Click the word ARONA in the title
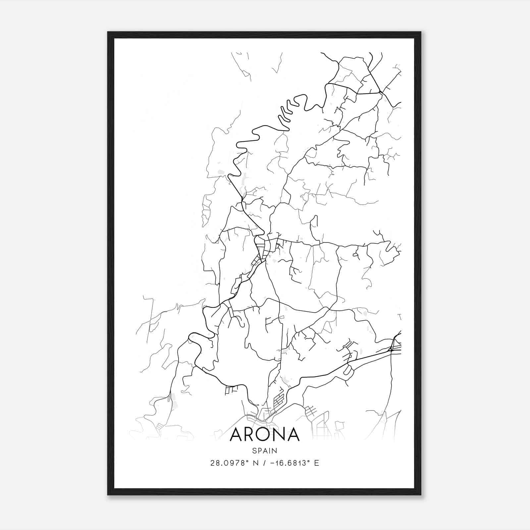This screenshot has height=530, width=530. pyautogui.click(x=264, y=435)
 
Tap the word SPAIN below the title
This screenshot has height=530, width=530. pyautogui.click(x=264, y=450)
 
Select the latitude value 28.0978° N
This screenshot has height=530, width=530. pyautogui.click(x=234, y=463)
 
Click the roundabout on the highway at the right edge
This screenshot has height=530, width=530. pyautogui.click(x=391, y=349)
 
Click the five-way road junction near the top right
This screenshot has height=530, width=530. pyautogui.click(x=381, y=92)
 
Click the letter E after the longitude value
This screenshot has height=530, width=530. pyautogui.click(x=317, y=463)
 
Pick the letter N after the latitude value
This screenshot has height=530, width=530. pyautogui.click(x=255, y=463)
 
